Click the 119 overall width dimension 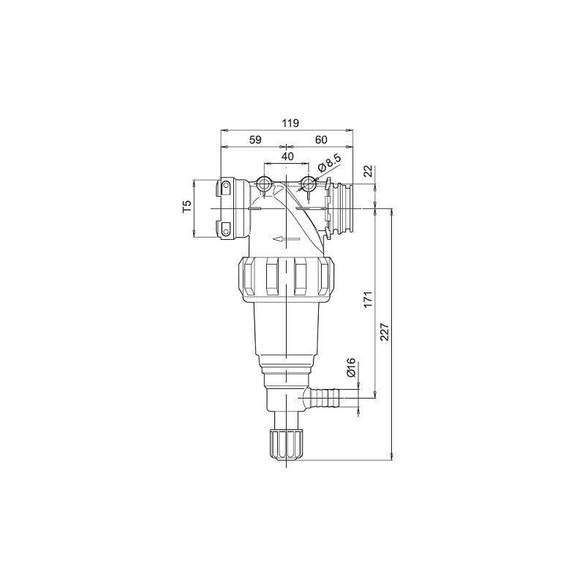pos(290,123)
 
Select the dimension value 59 pos(255,140)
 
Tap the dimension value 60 pos(321,140)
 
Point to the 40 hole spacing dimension pos(287,156)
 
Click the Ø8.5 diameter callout pos(330,164)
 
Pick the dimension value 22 pos(369,171)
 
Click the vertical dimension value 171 pos(369,300)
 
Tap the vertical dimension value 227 pos(385,331)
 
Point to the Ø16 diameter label pos(352,369)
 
